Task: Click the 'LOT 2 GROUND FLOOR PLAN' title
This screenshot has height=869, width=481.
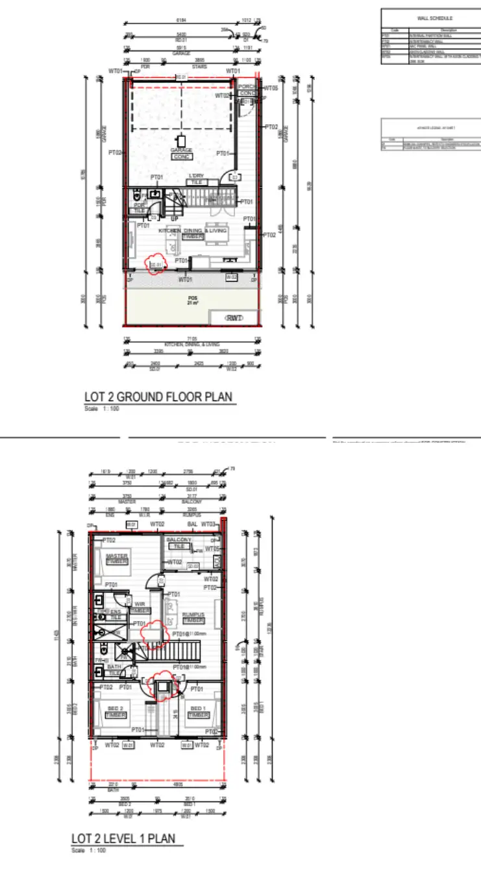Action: (x=158, y=397)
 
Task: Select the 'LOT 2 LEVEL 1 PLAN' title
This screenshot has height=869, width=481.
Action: (x=123, y=839)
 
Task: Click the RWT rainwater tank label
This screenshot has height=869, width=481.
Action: (x=234, y=318)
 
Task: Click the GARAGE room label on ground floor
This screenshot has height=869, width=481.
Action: (x=181, y=151)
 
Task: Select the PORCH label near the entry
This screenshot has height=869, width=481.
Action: (x=247, y=86)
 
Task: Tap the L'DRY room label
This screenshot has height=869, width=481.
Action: (x=196, y=177)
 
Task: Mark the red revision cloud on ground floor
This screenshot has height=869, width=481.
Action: (x=156, y=265)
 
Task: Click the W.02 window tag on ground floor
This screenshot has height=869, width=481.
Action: (x=230, y=277)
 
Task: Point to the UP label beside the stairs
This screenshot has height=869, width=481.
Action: (x=174, y=219)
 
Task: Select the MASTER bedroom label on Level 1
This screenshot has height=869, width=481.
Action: (x=116, y=556)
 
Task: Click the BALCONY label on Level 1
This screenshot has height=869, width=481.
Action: (x=179, y=540)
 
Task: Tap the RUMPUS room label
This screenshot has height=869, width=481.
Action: (x=193, y=615)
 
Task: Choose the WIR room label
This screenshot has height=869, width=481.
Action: (x=140, y=604)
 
